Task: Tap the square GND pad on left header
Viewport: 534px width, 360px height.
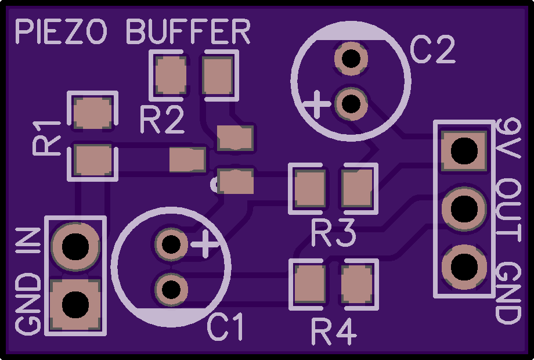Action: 75,304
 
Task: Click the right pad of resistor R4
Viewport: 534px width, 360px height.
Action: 356,284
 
